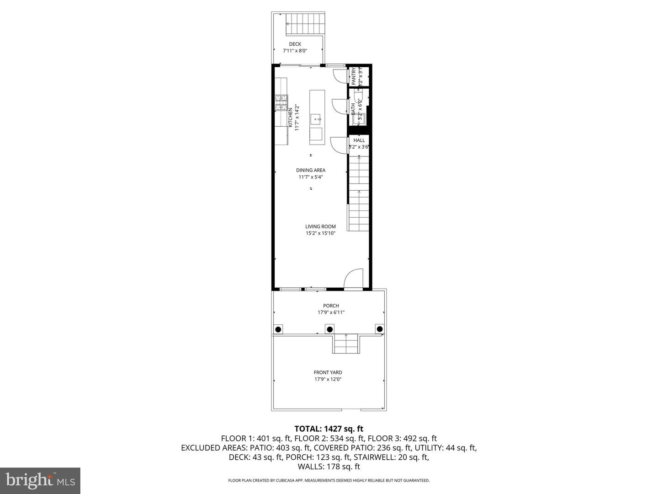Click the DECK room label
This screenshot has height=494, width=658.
295,44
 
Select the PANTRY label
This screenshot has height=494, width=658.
354,76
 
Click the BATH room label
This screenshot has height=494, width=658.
353,108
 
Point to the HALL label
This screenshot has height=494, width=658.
359,140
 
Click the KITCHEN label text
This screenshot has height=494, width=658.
290,118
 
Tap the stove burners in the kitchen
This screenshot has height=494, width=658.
281,102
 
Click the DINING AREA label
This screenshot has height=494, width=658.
311,170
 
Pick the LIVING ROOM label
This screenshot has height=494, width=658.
321,226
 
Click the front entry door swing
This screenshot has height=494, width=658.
353,278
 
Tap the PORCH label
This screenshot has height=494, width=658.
331,306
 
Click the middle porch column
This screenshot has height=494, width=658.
329,329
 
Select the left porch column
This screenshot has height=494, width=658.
278,329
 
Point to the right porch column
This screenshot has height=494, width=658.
379,329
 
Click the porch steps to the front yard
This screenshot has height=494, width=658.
346,344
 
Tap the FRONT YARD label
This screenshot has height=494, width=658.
328,372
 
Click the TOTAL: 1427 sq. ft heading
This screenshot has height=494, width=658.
329,429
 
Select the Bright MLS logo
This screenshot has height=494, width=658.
40,480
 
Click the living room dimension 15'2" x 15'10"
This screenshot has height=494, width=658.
321,233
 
